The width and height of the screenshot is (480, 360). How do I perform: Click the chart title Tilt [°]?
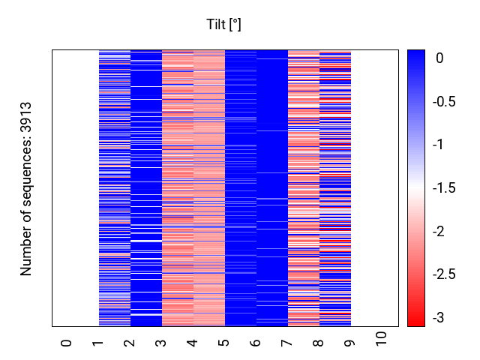click(x=223, y=25)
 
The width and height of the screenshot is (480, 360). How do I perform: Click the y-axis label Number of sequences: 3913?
click(x=27, y=188)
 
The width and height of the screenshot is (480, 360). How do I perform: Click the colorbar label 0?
click(x=438, y=58)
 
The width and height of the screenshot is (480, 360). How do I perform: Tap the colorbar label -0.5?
click(x=445, y=101)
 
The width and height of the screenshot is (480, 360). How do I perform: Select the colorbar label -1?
click(x=438, y=145)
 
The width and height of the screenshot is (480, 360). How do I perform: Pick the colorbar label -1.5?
click(x=445, y=188)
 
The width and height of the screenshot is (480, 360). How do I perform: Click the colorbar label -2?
click(x=438, y=232)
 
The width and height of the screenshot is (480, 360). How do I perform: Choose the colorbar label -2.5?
click(x=445, y=274)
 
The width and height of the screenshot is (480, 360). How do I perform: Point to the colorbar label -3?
click(x=438, y=318)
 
